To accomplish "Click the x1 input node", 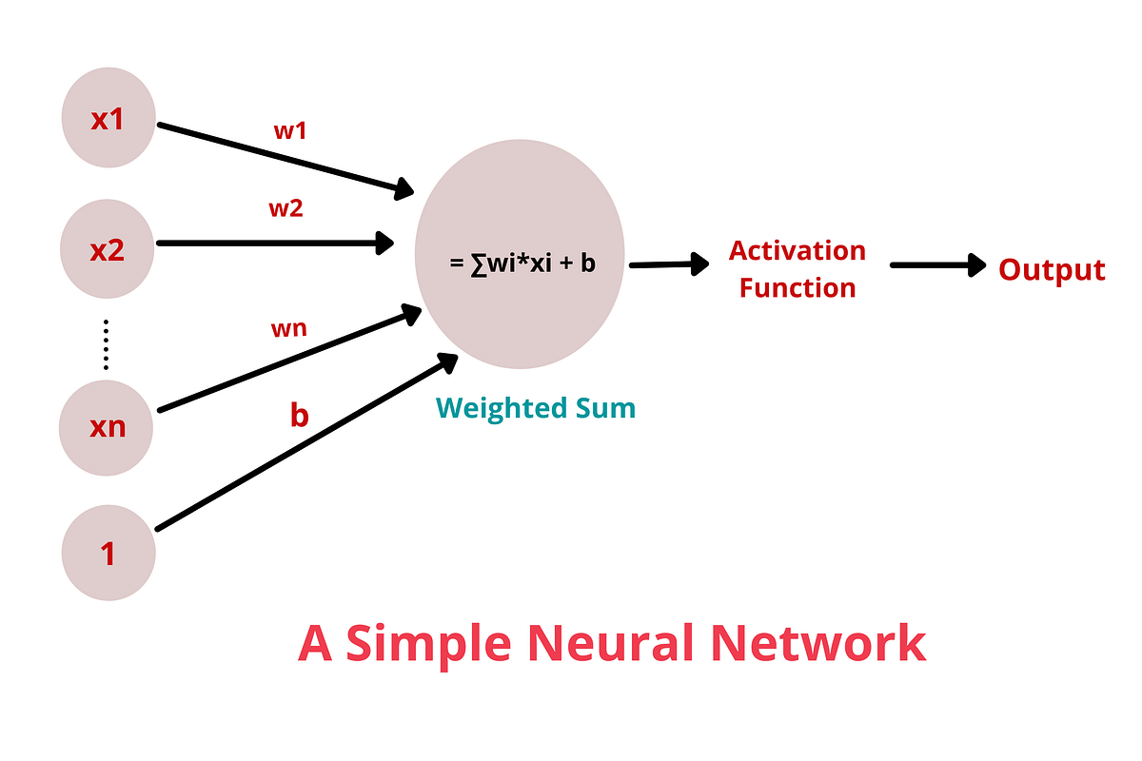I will pos(108,121).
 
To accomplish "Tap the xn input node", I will pos(108,426).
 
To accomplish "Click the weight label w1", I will pos(290,131).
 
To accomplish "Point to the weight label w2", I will pos(285,208).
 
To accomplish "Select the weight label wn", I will pos(288,329).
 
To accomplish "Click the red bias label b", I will pos(299,416).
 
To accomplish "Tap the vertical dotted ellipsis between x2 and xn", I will pos(107,344).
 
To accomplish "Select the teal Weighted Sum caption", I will pos(536,409).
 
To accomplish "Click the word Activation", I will pos(797,251).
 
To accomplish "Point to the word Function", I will pos(797,288).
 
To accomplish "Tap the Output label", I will pos(1052,270).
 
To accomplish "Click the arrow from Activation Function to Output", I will pos(937,266).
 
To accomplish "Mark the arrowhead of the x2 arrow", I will pos(384,244).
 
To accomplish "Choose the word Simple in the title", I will pos(429,643).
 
